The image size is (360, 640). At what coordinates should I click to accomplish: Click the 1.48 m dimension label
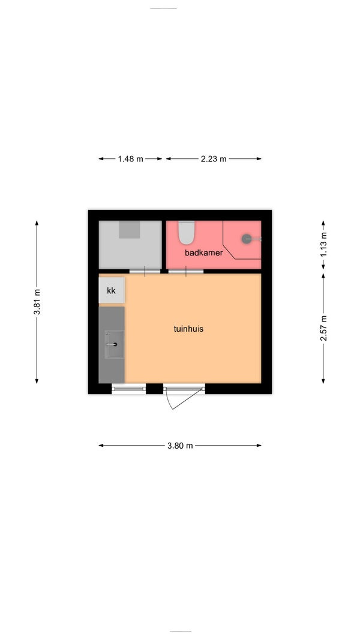(131, 159)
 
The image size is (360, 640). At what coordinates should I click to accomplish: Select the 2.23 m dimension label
(214, 159)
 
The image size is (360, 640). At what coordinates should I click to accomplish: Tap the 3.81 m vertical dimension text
(37, 302)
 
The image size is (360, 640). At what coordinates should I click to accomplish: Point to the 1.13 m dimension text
(323, 247)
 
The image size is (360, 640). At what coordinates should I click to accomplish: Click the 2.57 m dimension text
(323, 328)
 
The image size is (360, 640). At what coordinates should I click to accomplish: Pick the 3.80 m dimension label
(180, 446)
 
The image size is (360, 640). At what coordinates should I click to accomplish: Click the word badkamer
(203, 253)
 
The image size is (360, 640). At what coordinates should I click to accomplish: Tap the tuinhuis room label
(188, 329)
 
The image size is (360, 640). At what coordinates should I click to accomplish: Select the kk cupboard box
(112, 290)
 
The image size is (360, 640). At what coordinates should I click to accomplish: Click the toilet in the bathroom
(187, 232)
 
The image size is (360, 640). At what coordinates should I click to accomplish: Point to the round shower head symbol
(247, 239)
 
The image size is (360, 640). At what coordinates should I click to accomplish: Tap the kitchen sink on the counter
(114, 344)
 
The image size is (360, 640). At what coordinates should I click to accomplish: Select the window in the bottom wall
(129, 389)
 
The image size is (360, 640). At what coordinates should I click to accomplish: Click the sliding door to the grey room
(145, 271)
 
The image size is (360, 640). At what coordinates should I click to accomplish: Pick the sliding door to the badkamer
(186, 271)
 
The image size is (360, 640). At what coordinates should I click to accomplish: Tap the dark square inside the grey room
(130, 229)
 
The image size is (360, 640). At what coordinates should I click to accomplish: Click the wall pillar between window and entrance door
(155, 389)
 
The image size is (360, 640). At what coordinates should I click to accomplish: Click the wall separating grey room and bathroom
(164, 245)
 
